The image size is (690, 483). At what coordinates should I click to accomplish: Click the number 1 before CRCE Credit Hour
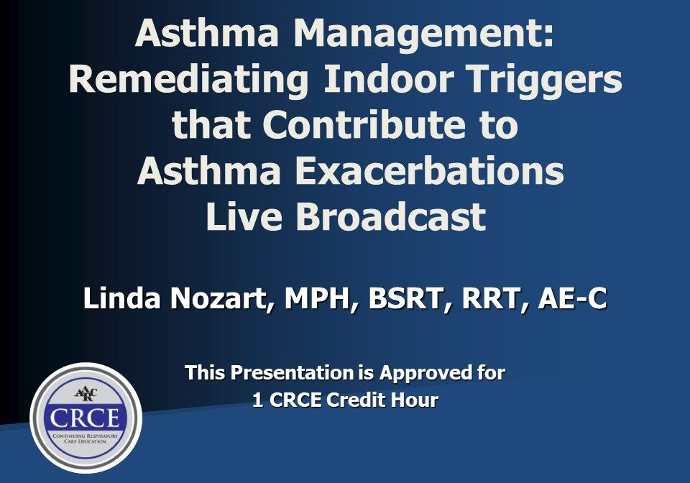coord(257,400)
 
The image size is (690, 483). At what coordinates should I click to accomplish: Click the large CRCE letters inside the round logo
coord(86,418)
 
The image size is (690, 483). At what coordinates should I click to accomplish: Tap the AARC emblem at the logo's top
coord(86,392)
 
